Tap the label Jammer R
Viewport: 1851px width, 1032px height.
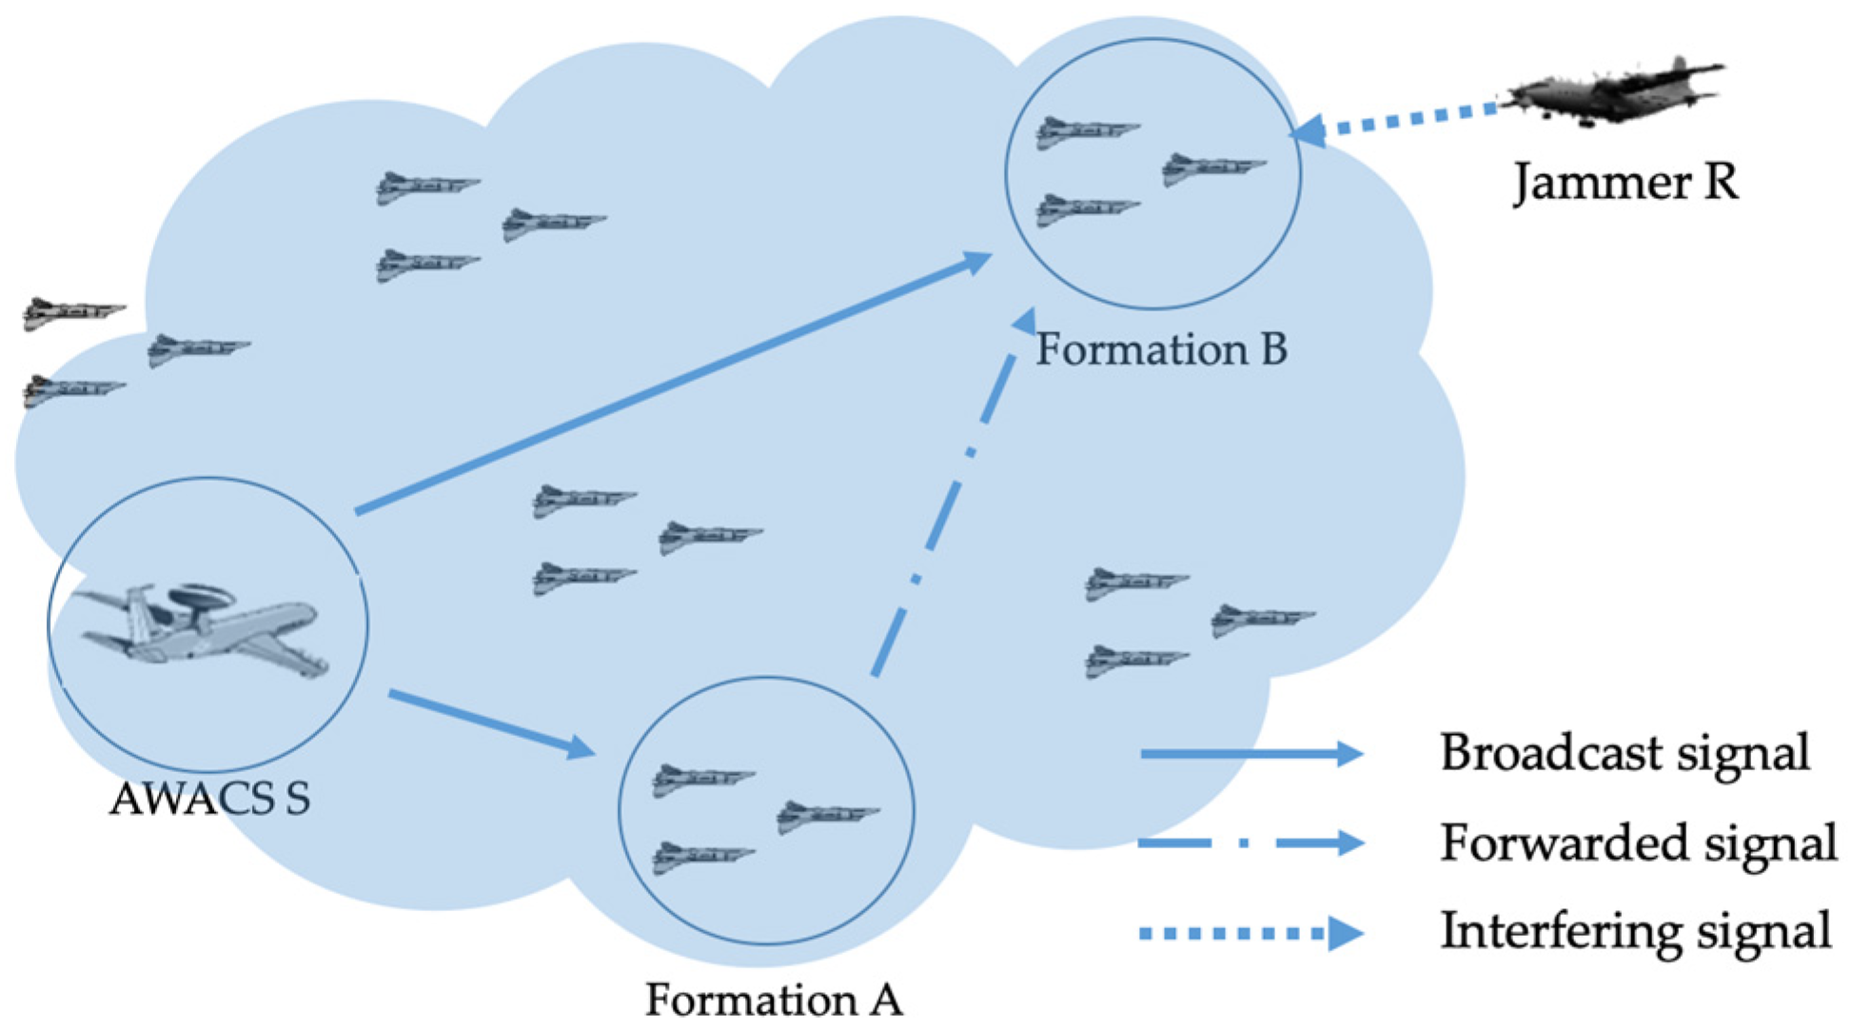coord(1625,181)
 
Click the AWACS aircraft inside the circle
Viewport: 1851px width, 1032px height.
coord(205,628)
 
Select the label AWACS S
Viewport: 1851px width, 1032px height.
coord(210,799)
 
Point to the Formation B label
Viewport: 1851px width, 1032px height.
coord(1161,349)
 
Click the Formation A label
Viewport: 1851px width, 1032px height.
coord(774,1000)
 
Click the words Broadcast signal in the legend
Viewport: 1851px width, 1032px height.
coord(1624,752)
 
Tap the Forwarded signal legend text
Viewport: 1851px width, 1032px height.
coord(1637,843)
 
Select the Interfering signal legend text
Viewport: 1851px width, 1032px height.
coord(1635,930)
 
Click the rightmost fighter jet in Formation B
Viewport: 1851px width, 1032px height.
coord(1212,169)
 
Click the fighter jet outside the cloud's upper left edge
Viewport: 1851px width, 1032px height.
coord(71,312)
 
